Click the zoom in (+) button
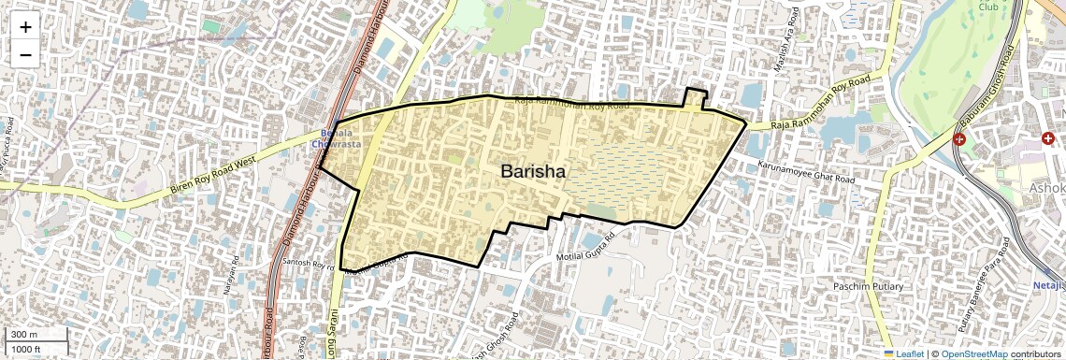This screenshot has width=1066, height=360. pos(25,27)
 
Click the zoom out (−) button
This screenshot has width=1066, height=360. pos(25,55)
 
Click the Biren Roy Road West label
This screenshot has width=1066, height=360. pos(213,175)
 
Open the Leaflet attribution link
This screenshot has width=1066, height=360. pos(903,353)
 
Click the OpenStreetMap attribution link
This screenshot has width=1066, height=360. pos(974,353)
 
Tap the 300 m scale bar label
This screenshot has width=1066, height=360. pos(24,335)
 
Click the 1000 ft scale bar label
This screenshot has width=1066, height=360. pos(25,349)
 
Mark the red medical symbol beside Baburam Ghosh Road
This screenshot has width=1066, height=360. pos(959,139)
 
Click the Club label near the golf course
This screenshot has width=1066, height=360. pos(988,7)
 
